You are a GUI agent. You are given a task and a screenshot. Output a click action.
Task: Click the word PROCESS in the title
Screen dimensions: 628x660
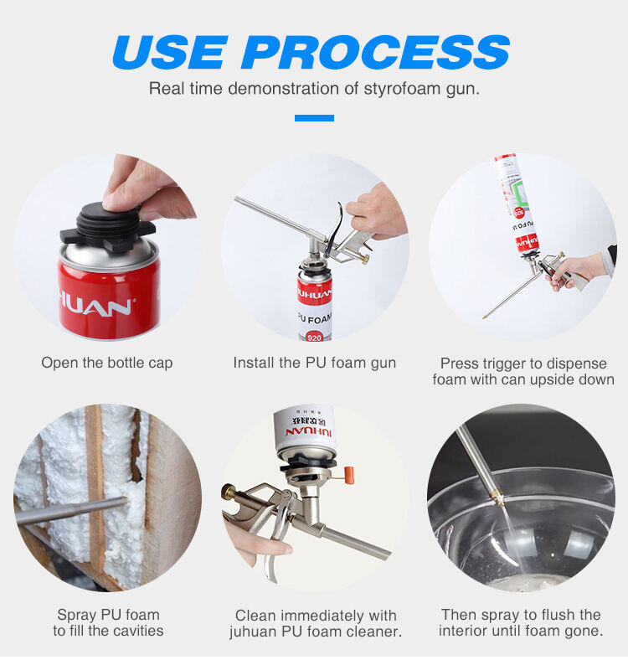[x=375, y=52]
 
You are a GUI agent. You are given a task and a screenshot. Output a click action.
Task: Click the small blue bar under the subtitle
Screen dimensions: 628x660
[x=314, y=118]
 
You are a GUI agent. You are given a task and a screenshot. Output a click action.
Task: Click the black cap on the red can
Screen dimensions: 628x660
[x=108, y=227]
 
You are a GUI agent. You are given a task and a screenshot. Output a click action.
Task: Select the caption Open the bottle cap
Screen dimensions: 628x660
[x=107, y=363]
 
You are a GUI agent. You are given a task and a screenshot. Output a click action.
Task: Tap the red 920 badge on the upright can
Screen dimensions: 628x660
[x=315, y=338]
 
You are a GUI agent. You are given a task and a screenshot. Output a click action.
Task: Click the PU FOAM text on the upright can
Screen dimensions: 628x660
[x=315, y=318]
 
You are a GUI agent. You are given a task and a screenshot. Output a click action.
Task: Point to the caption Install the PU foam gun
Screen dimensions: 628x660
[x=315, y=363]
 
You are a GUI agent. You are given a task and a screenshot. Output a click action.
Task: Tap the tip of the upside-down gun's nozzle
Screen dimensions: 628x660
[x=484, y=317]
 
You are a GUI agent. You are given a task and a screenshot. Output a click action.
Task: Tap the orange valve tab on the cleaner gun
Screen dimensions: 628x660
[x=349, y=475]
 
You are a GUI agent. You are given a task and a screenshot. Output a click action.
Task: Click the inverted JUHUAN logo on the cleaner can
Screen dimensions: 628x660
[x=308, y=432]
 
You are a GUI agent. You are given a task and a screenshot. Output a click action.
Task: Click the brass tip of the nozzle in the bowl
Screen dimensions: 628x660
[x=500, y=498]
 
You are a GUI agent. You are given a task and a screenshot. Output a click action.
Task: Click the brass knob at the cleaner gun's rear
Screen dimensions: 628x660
[x=229, y=491]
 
